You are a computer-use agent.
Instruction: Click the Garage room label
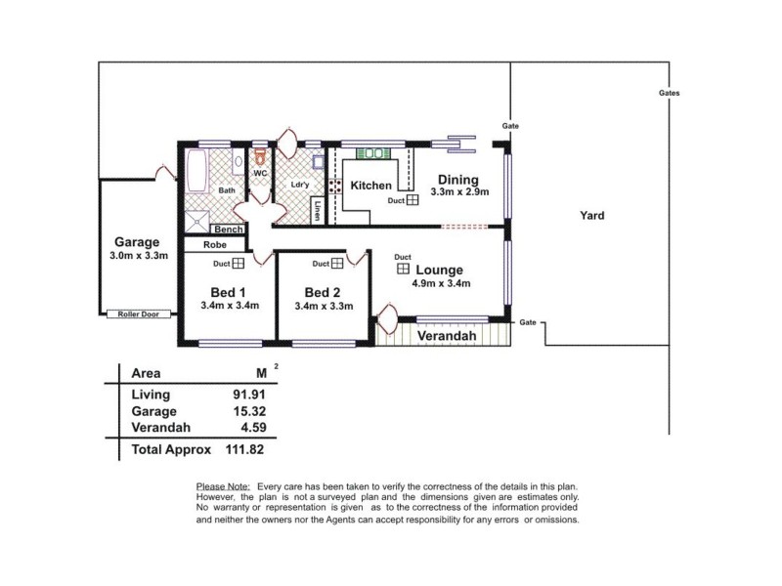(x=136, y=242)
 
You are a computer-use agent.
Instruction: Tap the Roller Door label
(x=138, y=314)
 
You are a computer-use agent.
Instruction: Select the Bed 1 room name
(x=228, y=292)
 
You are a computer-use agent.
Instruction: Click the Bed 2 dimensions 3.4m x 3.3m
(x=324, y=306)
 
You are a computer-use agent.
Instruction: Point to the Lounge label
(x=439, y=270)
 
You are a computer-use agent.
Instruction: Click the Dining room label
(x=457, y=179)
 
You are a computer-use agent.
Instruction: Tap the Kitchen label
(x=371, y=186)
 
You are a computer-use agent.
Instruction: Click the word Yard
(x=591, y=216)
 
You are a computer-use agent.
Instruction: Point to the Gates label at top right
(x=670, y=93)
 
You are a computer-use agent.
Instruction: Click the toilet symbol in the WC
(x=260, y=155)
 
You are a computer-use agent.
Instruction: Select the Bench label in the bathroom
(x=227, y=230)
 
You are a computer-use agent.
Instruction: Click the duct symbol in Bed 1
(x=238, y=263)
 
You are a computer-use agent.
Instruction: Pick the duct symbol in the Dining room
(x=413, y=200)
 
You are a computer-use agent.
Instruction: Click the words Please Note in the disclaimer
(x=223, y=485)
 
